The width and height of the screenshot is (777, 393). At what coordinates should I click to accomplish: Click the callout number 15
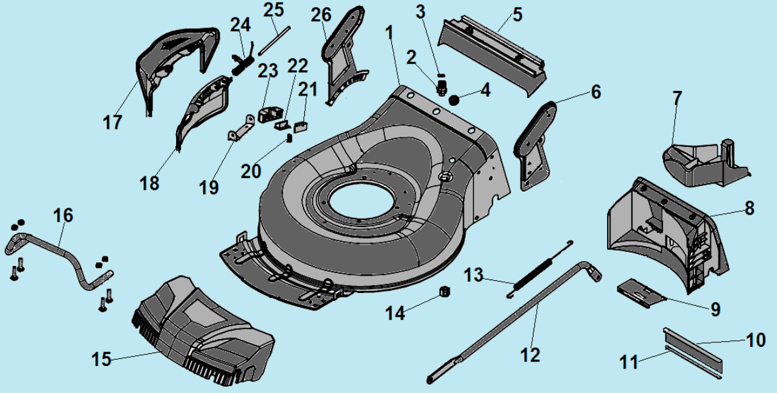click(x=101, y=359)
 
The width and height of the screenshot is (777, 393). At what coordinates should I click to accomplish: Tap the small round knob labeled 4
click(x=455, y=100)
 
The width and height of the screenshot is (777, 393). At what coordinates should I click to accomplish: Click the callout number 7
click(x=677, y=99)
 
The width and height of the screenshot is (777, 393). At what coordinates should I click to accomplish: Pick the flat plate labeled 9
click(x=641, y=291)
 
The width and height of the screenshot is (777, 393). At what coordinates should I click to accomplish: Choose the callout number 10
click(x=756, y=339)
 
